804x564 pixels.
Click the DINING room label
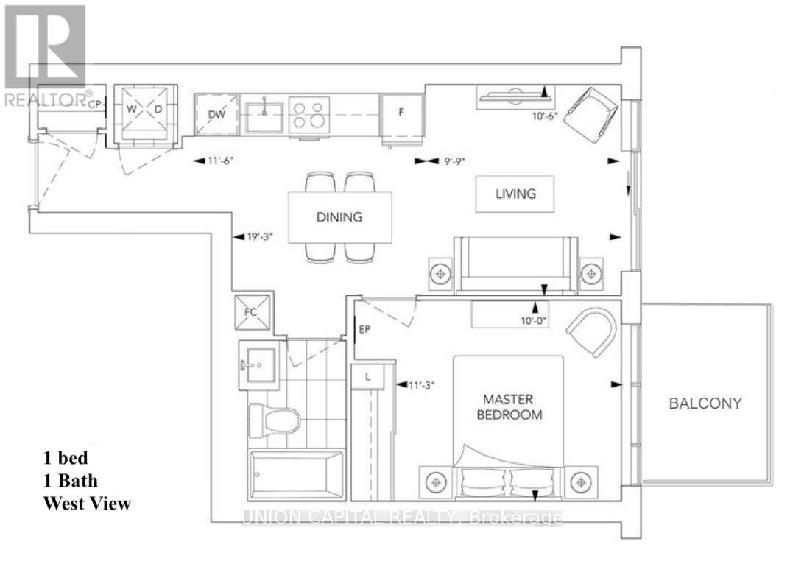pos(340,217)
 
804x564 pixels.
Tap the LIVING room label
pos(515,194)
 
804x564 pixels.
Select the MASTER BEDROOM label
pos(512,406)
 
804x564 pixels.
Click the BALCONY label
pos(705,403)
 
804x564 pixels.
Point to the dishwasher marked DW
pos(216,115)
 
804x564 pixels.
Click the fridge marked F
pos(401,115)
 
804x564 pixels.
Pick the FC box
pos(251,312)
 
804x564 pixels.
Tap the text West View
pos(87,504)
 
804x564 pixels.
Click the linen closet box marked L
pos(367,376)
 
